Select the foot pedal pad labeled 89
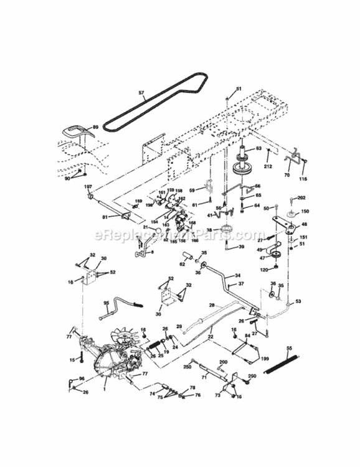(76, 133)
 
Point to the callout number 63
(258, 148)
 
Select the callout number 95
(106, 303)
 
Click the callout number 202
(301, 199)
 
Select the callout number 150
(305, 211)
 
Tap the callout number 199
(265, 359)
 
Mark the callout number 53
(298, 301)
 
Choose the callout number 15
(72, 359)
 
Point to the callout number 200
(223, 362)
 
